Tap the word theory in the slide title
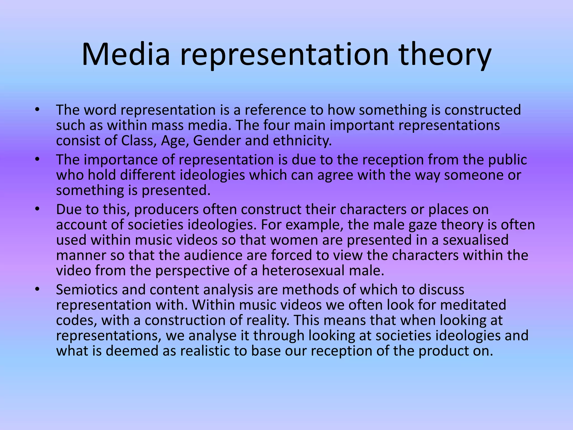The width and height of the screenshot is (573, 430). coord(445,55)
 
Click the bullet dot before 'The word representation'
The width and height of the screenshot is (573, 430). coord(37,110)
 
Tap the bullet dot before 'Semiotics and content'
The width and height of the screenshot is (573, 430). coord(37,290)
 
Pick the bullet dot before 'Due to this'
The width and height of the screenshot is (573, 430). coord(37,210)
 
